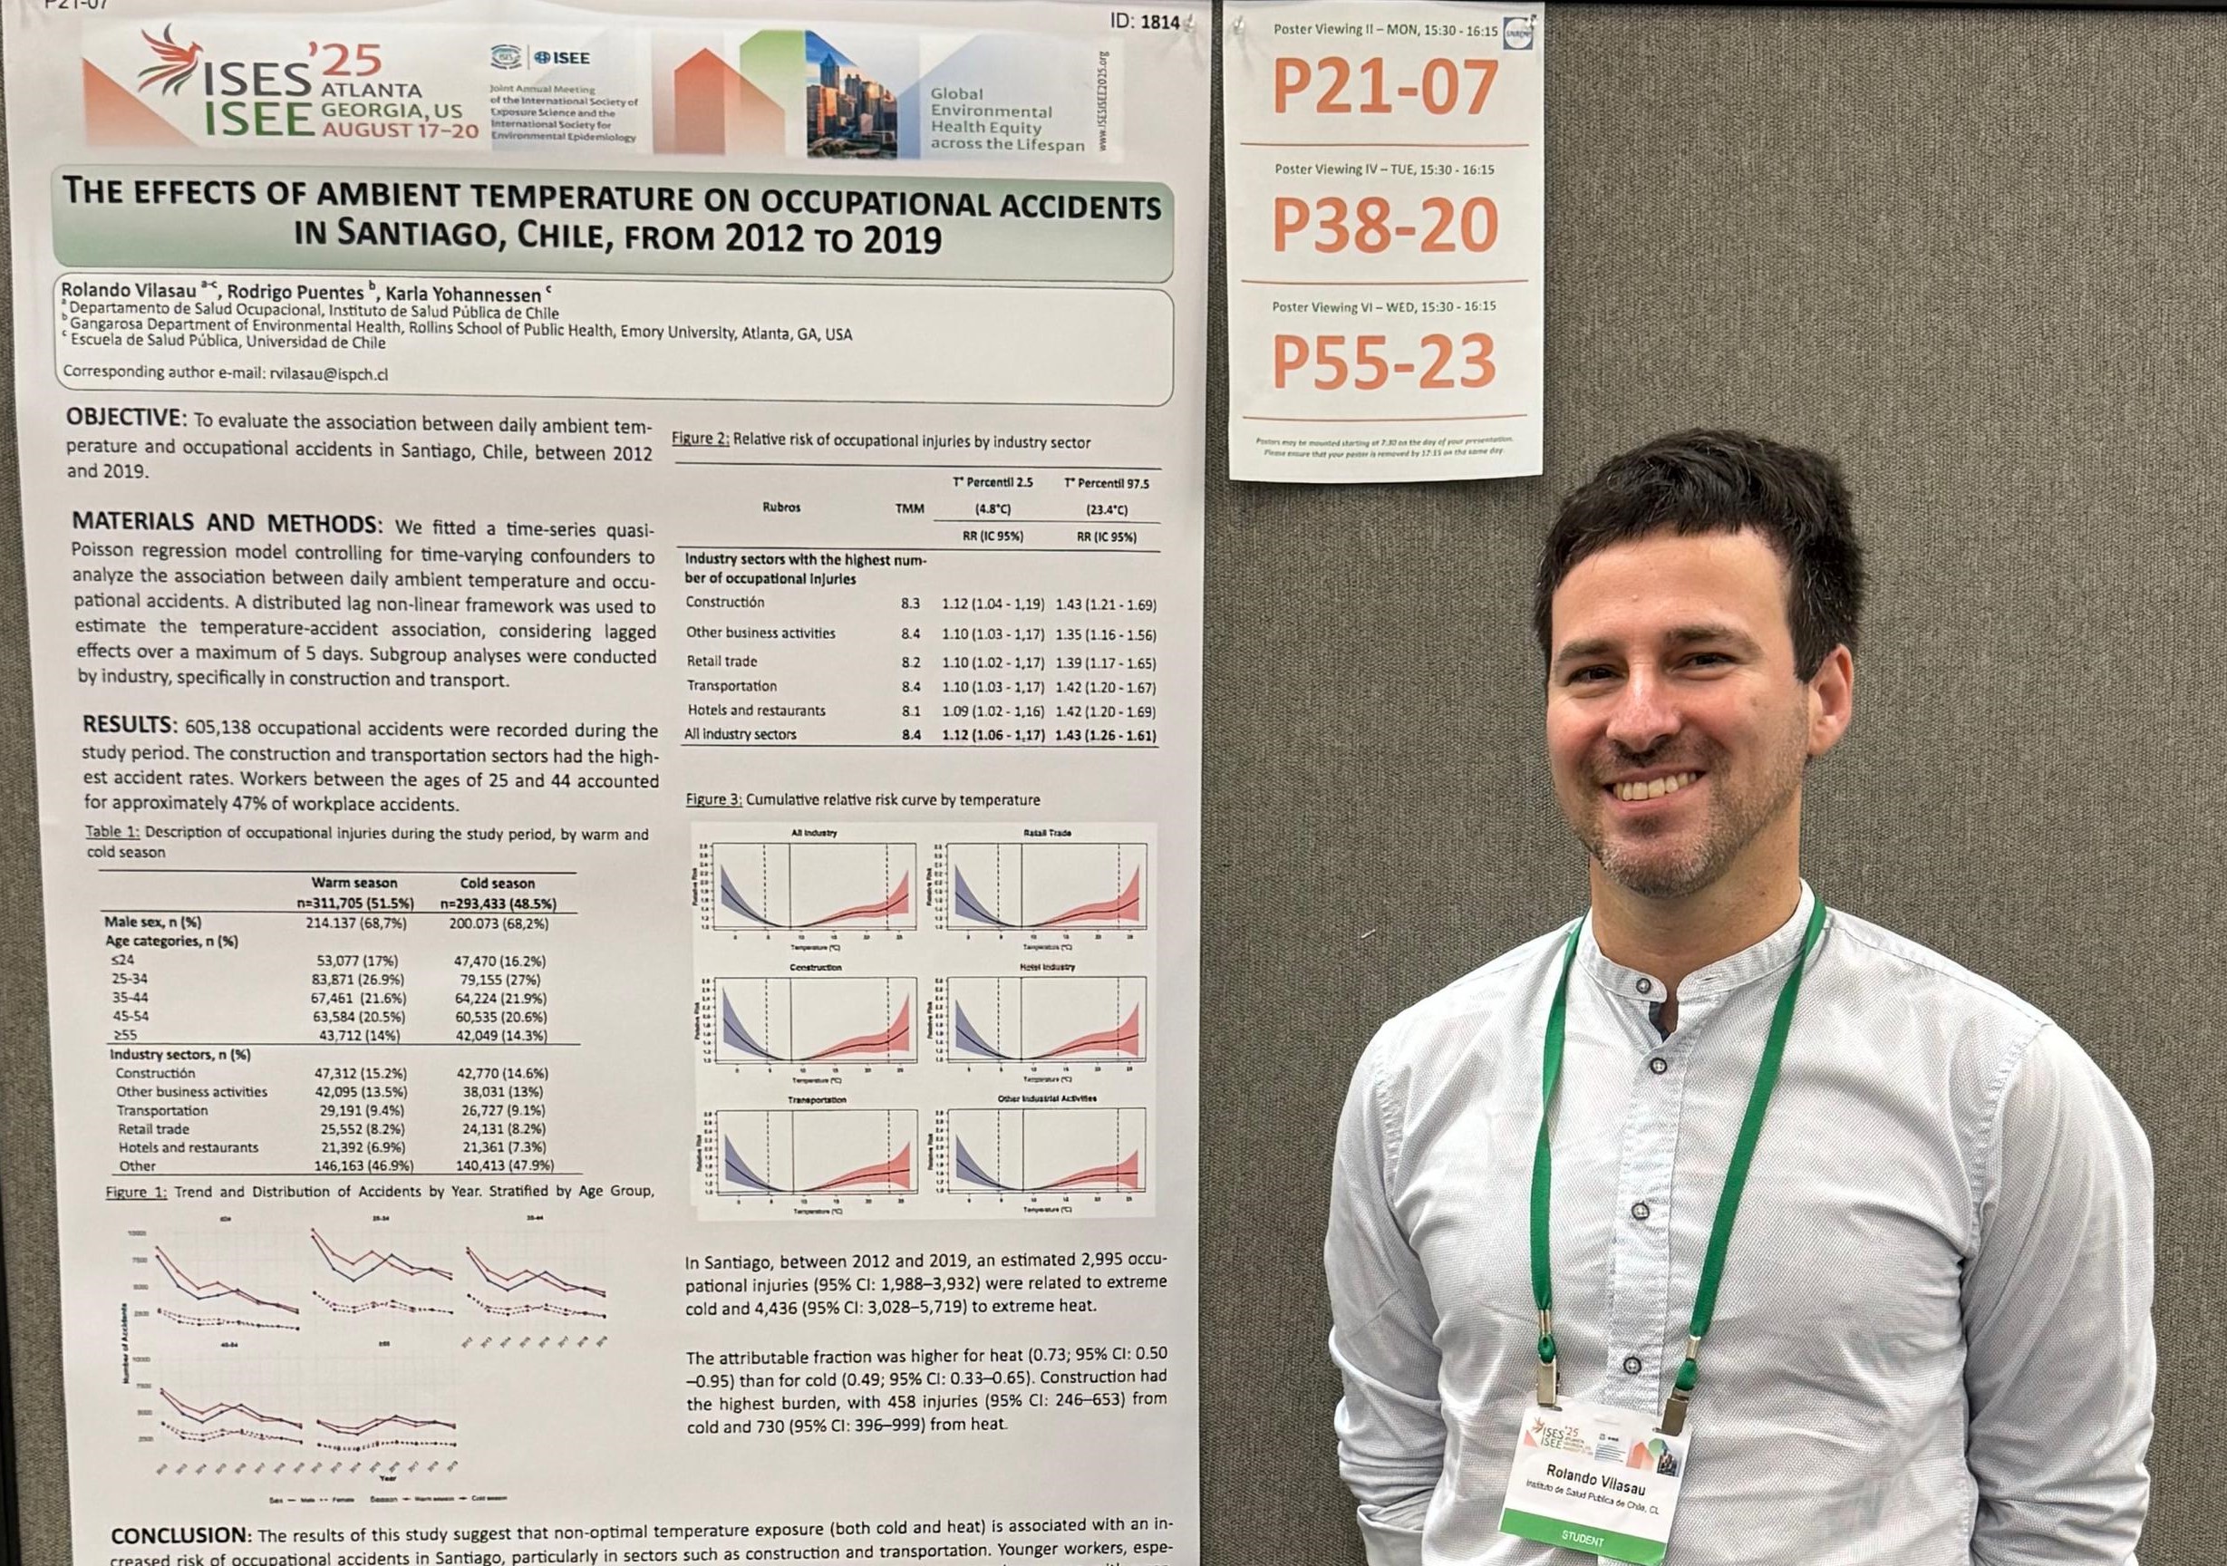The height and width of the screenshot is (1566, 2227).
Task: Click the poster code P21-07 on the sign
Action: [x=1384, y=87]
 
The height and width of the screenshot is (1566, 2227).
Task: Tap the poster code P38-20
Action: [x=1384, y=225]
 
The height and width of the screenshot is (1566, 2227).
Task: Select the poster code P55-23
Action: [x=1384, y=361]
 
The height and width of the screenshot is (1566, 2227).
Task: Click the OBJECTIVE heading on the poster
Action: [x=125, y=419]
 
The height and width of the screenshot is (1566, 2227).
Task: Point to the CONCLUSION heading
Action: [x=180, y=1536]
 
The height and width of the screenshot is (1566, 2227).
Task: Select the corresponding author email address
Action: [x=329, y=373]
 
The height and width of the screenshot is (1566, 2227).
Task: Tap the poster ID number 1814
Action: [x=1159, y=22]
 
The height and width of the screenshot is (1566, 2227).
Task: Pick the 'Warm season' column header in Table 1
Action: [x=354, y=883]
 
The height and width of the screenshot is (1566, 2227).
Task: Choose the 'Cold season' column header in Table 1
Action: [x=497, y=884]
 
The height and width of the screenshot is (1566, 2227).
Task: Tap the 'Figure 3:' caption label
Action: [x=714, y=800]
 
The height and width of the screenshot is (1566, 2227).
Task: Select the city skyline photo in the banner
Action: [x=850, y=94]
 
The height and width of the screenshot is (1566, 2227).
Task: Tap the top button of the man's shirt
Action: [x=1641, y=986]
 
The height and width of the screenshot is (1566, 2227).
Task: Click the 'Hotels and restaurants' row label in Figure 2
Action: [x=756, y=710]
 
